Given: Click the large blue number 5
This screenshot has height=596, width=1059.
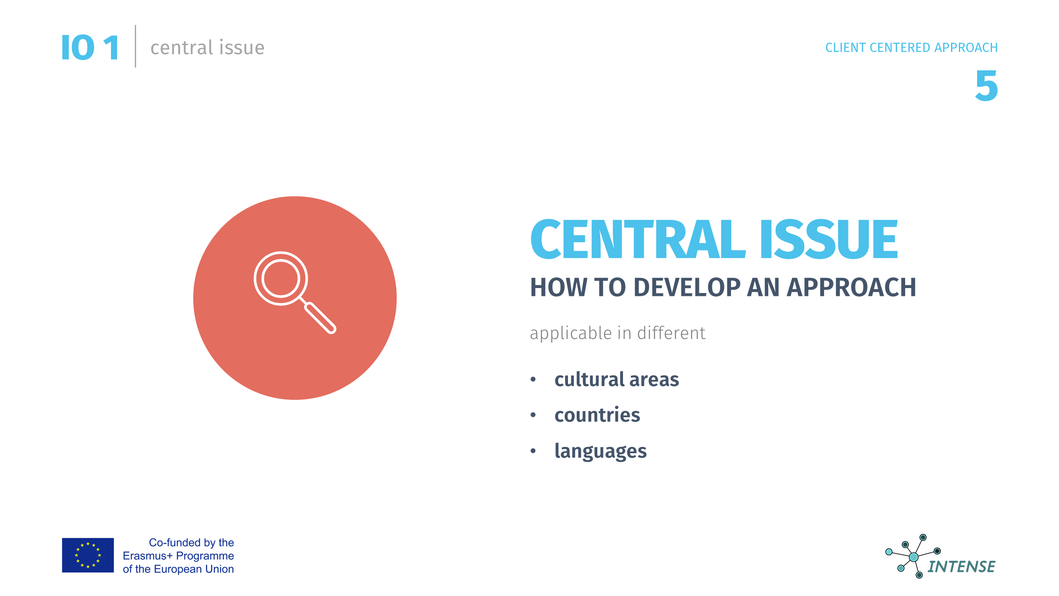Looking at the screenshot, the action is click(987, 86).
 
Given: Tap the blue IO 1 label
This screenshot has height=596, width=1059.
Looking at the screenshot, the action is click(90, 48).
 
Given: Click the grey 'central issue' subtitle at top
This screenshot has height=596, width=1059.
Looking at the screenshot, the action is click(207, 48).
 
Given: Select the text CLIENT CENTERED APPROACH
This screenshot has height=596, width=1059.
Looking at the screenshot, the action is click(911, 48).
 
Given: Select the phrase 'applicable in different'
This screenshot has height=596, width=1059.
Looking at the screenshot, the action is click(618, 333).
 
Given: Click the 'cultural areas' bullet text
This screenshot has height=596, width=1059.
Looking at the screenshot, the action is click(617, 379).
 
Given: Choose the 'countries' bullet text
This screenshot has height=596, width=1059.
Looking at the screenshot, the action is click(597, 415).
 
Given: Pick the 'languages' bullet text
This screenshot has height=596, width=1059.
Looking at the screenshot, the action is click(601, 451).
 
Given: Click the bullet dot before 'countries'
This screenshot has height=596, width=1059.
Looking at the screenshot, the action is click(533, 415).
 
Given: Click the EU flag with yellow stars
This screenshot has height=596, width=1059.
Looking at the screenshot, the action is click(88, 555).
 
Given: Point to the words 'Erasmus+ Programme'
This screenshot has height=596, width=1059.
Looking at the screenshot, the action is click(178, 556).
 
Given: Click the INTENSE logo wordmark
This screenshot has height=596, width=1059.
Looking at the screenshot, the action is click(961, 567).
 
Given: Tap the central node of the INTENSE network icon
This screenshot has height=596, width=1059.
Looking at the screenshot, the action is click(914, 557).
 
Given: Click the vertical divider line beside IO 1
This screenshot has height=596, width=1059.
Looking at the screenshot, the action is click(135, 46).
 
